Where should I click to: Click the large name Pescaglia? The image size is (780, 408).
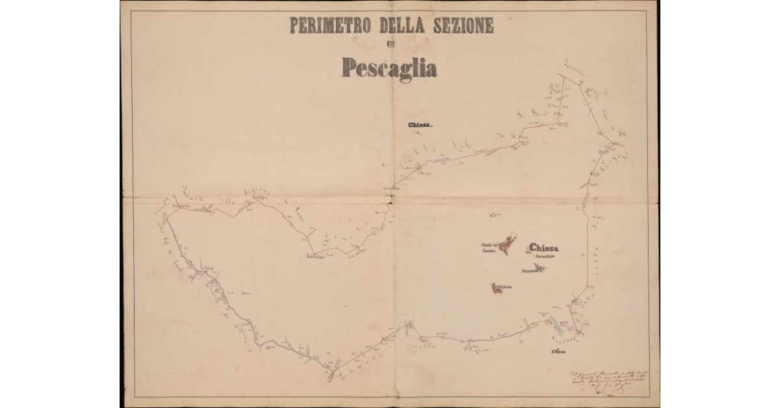pos(389,67)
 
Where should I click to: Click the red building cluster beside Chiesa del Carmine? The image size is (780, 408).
pos(507,243)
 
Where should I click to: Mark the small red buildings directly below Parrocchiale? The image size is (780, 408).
pos(539,267)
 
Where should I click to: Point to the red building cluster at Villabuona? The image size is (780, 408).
pos(497,288)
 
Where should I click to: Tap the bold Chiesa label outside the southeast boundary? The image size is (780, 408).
pos(557,352)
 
